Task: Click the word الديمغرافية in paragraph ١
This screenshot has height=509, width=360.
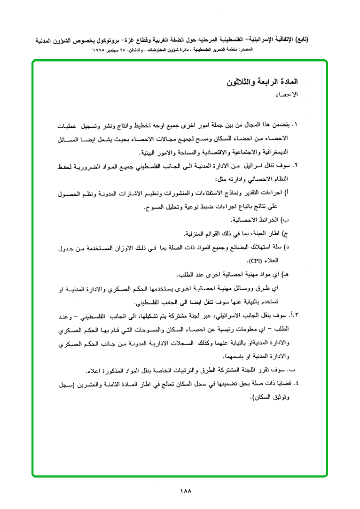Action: (x=271, y=153)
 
